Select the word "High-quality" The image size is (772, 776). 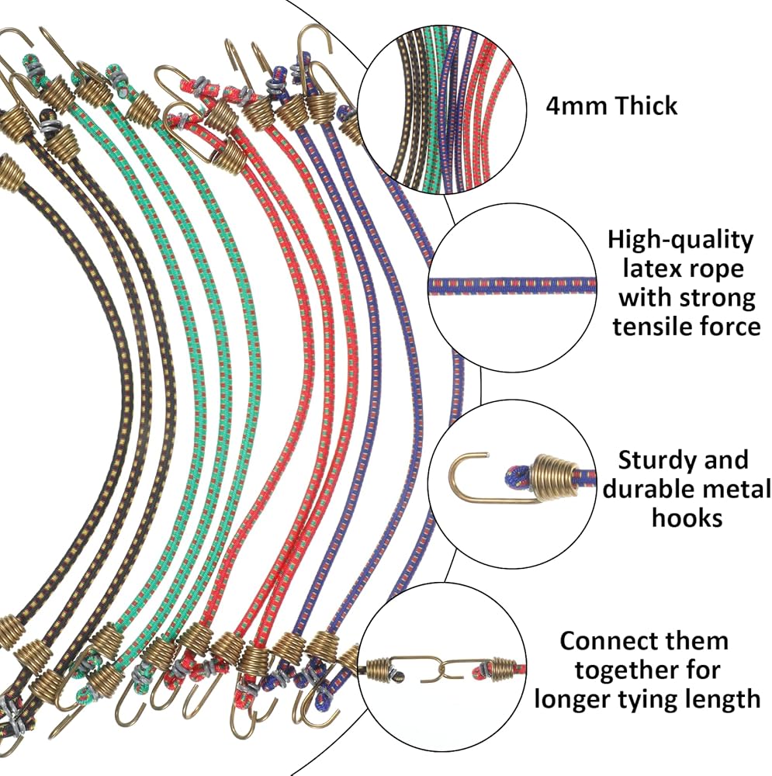[x=680, y=241]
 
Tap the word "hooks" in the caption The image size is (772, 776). [x=687, y=518]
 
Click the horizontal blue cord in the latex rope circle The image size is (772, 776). [x=512, y=286]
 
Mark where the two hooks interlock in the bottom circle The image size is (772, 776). [x=445, y=670]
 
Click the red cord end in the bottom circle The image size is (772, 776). [x=483, y=670]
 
